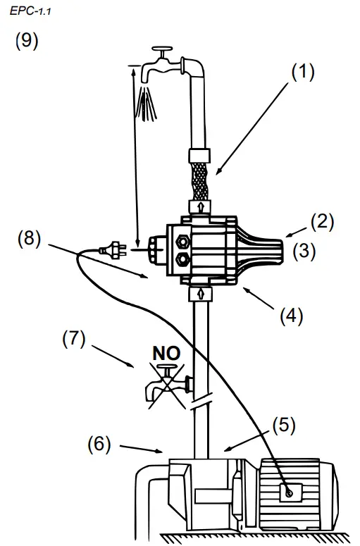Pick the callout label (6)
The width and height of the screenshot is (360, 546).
[x=99, y=445]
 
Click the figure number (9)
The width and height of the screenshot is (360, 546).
[x=27, y=41]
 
